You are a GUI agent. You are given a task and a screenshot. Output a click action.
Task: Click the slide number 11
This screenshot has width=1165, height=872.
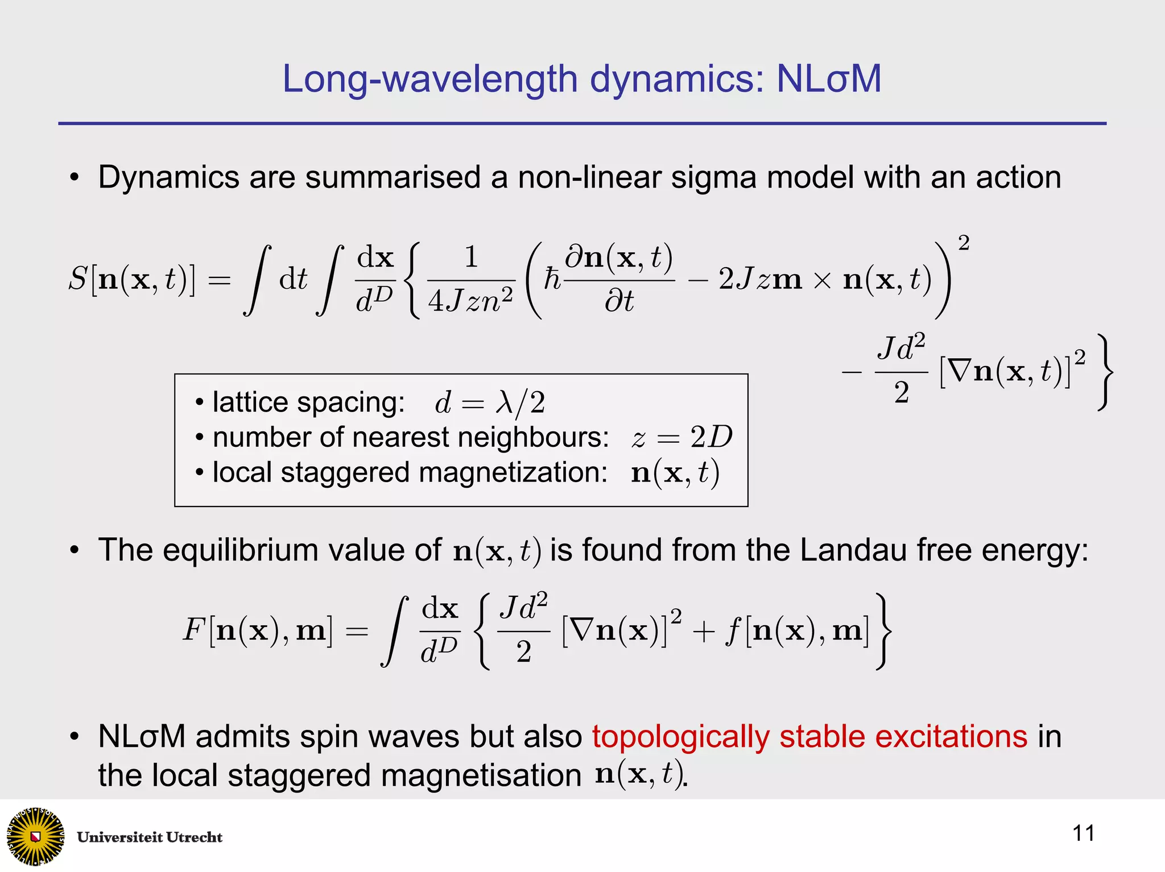tap(1083, 833)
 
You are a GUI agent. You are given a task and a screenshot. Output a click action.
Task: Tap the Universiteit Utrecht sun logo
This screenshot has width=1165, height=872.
tap(35, 836)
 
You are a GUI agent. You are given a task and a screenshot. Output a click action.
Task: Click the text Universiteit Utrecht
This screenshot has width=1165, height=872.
tap(150, 837)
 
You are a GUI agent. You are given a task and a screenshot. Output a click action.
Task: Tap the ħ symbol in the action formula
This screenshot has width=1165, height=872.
tap(552, 280)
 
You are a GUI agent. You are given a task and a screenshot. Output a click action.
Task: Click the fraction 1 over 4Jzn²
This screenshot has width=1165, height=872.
tap(471, 280)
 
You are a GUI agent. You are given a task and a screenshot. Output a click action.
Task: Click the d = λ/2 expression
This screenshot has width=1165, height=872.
tap(490, 403)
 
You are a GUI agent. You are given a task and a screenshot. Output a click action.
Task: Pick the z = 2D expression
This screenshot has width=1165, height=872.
tap(681, 437)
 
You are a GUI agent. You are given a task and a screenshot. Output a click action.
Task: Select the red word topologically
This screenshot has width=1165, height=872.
tap(681, 737)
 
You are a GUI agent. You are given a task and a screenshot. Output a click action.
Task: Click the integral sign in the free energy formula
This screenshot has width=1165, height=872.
tap(395, 631)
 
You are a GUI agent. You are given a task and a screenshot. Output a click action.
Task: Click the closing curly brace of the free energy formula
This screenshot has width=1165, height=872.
tap(883, 631)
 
